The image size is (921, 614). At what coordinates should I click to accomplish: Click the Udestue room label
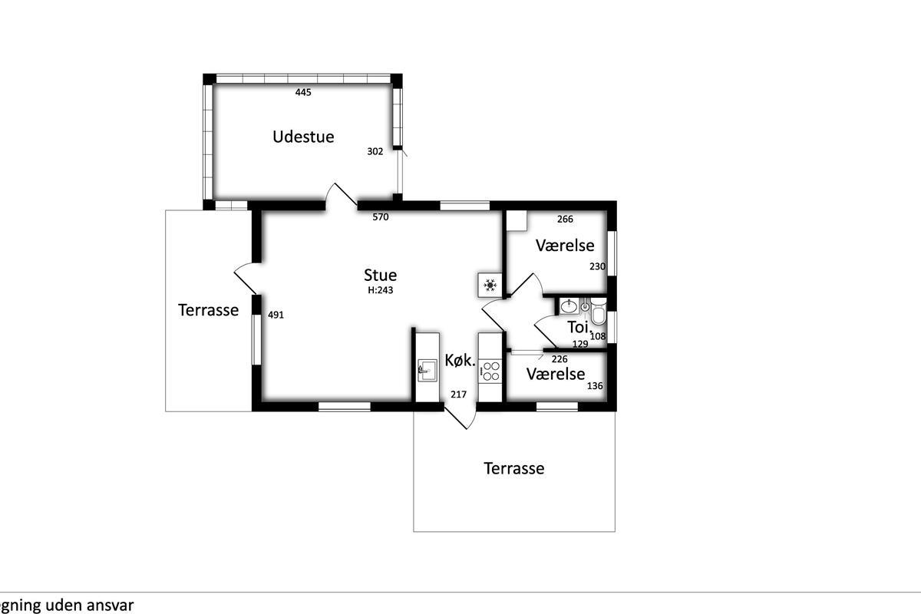pyautogui.click(x=303, y=137)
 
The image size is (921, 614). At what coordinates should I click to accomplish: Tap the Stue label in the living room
pyautogui.click(x=381, y=275)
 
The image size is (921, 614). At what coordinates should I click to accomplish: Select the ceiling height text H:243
pyautogui.click(x=381, y=290)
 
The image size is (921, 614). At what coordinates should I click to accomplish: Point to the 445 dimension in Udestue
pyautogui.click(x=303, y=92)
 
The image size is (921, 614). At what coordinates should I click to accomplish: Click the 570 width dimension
pyautogui.click(x=381, y=216)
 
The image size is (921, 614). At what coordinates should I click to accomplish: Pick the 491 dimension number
pyautogui.click(x=276, y=315)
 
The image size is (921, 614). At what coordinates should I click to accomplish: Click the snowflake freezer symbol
pyautogui.click(x=490, y=285)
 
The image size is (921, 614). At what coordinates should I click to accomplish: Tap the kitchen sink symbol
pyautogui.click(x=427, y=371)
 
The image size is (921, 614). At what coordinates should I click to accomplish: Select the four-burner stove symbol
pyautogui.click(x=490, y=371)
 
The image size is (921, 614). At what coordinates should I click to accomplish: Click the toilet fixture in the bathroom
pyautogui.click(x=598, y=312)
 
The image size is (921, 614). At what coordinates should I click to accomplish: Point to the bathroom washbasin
pyautogui.click(x=569, y=306)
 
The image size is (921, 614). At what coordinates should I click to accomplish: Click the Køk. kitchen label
pyautogui.click(x=460, y=361)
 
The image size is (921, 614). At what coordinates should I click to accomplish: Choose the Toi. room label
pyautogui.click(x=579, y=328)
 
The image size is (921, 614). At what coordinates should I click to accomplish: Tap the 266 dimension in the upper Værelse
pyautogui.click(x=565, y=220)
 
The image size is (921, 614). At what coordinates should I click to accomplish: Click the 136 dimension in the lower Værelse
pyautogui.click(x=595, y=386)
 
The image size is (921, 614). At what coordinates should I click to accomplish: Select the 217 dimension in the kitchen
pyautogui.click(x=458, y=394)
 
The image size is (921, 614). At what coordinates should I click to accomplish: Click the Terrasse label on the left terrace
pyautogui.click(x=208, y=310)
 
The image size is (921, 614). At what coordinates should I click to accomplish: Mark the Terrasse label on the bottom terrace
pyautogui.click(x=514, y=468)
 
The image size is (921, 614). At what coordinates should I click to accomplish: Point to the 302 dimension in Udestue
pyautogui.click(x=375, y=152)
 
